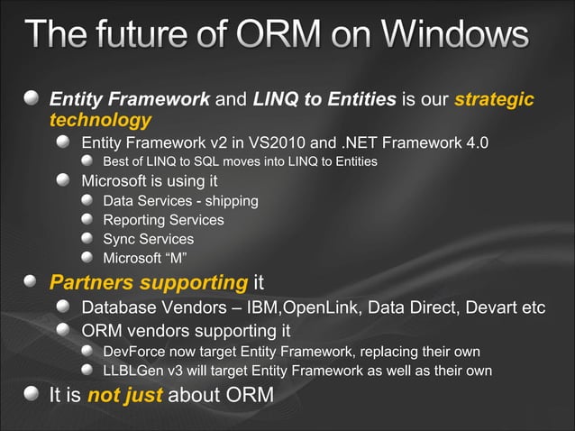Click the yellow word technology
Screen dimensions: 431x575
pos(100,119)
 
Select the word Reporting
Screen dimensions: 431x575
pos(133,219)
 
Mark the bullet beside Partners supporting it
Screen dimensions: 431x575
pos(32,282)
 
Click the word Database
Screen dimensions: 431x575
pos(118,307)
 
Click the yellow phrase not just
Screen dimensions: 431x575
pos(125,395)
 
